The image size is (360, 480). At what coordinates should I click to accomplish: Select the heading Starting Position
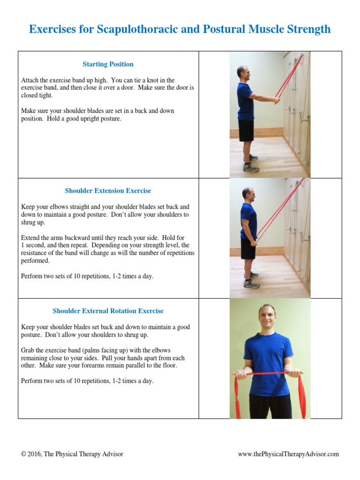click(108, 64)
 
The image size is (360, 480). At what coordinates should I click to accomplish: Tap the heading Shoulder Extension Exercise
click(108, 191)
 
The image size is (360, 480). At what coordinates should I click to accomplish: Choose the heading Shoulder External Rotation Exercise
click(108, 311)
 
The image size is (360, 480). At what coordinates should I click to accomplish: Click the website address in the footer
click(288, 454)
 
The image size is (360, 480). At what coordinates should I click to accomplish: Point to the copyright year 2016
click(34, 454)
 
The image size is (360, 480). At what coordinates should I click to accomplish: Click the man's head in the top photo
click(242, 73)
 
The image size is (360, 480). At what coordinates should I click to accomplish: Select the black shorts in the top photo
click(246, 130)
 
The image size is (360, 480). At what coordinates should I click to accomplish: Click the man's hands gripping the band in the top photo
click(277, 99)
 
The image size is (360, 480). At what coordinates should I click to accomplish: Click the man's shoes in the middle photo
click(251, 281)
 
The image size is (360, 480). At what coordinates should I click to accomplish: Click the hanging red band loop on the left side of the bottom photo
click(237, 396)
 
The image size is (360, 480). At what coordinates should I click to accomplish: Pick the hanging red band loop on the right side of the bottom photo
click(301, 396)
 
